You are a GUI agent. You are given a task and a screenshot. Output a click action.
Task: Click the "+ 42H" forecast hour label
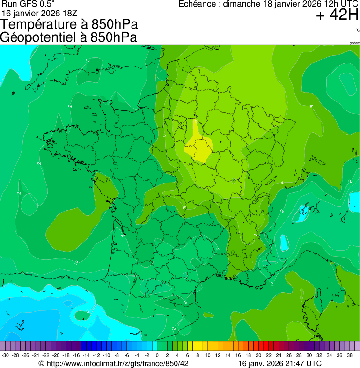point(337,15)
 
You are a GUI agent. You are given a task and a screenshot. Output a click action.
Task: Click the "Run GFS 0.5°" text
point(28,4)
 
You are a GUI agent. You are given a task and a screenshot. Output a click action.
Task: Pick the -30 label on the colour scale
point(5,356)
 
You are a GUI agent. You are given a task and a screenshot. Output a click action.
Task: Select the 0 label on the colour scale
point(157,356)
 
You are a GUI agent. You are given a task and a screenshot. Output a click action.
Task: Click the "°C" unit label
point(357,30)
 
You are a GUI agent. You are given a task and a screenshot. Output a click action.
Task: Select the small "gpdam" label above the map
point(354,43)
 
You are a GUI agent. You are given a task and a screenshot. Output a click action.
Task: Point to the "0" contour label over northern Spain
point(88,311)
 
